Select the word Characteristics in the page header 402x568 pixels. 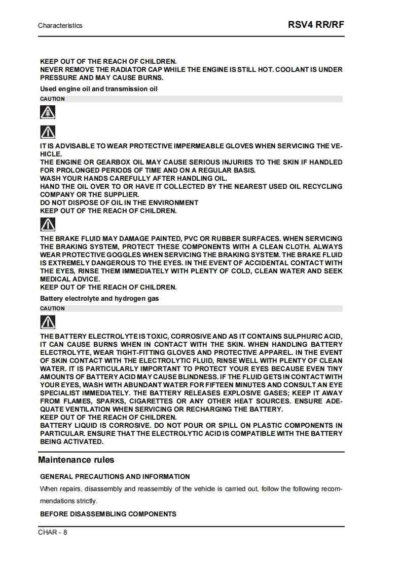tap(60, 25)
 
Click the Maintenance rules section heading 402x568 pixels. tap(76, 460)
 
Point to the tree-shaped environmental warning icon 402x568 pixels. tap(48, 112)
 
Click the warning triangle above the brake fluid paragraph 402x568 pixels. tap(48, 224)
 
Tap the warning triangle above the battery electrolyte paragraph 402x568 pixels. tap(48, 322)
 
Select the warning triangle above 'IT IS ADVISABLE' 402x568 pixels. tap(48, 133)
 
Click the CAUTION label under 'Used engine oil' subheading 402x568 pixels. tap(52, 99)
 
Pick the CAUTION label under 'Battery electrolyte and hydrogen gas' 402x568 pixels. tap(52, 308)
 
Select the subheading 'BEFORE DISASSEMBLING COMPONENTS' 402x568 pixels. tap(108, 514)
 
